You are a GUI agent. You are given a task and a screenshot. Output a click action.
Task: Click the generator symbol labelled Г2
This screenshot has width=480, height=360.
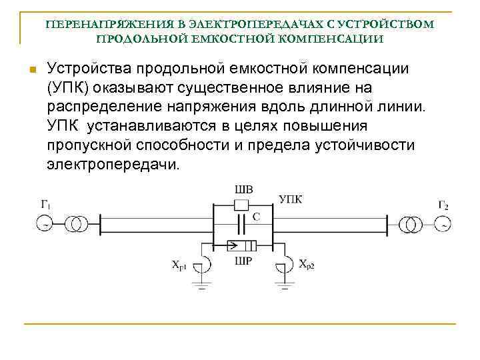tap(443, 223)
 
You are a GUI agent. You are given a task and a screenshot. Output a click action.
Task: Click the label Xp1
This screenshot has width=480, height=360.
tap(181, 265)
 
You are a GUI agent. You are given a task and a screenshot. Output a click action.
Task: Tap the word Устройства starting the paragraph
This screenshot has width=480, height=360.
tap(87, 69)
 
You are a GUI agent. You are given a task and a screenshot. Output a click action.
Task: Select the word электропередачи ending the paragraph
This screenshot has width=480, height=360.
tap(113, 163)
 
